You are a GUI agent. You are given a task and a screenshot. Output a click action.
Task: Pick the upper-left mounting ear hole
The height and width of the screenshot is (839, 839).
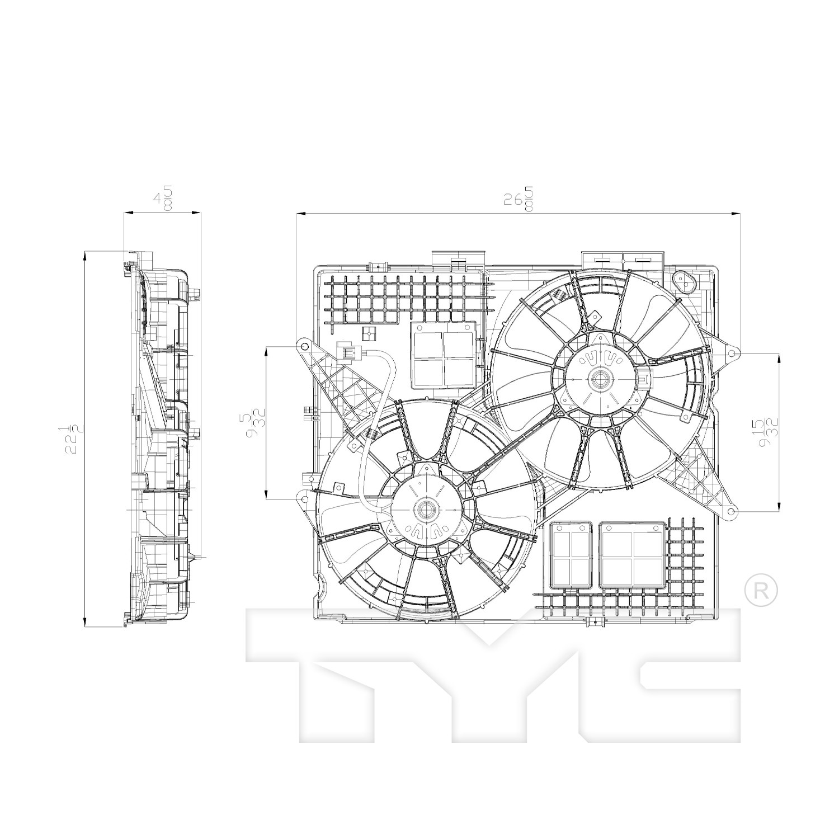304,345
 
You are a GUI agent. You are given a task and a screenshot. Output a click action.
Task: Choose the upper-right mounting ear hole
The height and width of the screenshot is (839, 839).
731,353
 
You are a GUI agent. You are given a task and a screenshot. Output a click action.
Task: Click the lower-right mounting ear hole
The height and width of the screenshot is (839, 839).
730,511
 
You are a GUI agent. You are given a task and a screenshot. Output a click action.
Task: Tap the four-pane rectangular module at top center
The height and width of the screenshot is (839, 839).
444,355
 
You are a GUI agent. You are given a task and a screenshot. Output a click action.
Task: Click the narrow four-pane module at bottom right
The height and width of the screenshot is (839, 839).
571,555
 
